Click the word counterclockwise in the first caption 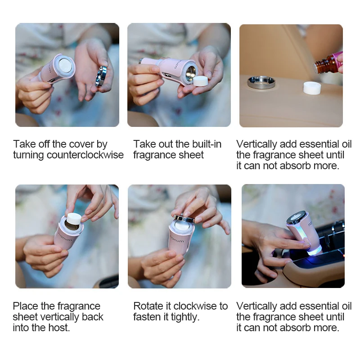point(85,155)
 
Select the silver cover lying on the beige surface point(261,82)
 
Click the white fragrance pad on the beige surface point(312,88)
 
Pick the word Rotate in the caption point(147,306)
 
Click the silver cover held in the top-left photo point(101,76)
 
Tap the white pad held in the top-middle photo point(200,81)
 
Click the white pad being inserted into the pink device point(74,218)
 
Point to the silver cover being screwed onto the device point(184,218)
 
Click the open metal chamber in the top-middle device point(191,73)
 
